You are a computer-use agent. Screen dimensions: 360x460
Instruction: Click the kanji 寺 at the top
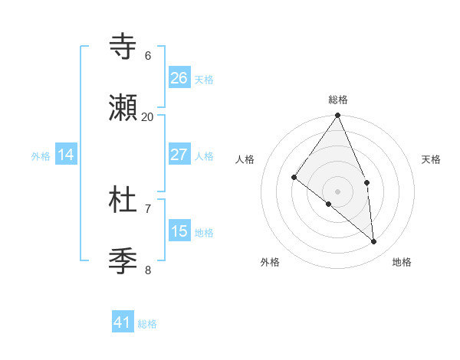[123, 47]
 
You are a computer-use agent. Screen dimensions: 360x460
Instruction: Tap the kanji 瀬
[123, 108]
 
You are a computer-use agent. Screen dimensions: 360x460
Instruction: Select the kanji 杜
[123, 200]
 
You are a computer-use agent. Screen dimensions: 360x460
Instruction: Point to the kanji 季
[123, 261]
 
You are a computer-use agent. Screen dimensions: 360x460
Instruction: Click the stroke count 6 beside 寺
[148, 56]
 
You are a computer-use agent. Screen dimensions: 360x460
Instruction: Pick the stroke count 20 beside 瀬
[148, 117]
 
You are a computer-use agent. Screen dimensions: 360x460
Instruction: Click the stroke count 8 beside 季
[148, 270]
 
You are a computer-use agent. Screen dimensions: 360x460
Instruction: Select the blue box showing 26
[179, 78]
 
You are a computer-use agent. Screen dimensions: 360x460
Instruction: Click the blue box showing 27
[179, 155]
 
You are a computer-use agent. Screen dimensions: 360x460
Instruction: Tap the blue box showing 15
[179, 231]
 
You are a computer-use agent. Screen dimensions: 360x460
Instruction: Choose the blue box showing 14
[66, 155]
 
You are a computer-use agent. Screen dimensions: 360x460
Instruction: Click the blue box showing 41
[123, 322]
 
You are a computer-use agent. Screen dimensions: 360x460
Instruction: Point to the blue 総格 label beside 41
[147, 324]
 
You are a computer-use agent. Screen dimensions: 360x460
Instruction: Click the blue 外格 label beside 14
[41, 156]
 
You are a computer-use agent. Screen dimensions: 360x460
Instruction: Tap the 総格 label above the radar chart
[338, 100]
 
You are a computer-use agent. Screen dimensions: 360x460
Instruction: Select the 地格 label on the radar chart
[402, 262]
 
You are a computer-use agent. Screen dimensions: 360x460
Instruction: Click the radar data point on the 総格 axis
[338, 116]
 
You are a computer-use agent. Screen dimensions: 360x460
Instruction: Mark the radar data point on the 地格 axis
[373, 241]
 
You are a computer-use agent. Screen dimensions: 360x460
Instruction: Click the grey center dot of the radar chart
[338, 191]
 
